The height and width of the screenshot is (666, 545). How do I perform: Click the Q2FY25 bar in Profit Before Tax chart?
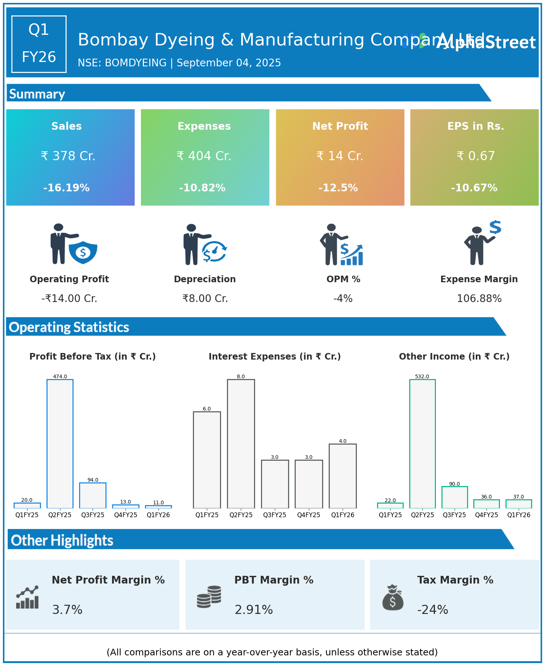60,444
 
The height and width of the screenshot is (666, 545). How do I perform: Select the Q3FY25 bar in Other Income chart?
454,497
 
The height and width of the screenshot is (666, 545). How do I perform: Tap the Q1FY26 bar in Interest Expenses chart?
343,476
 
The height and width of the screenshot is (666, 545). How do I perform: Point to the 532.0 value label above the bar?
422,376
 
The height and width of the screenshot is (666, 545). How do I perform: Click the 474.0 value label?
60,376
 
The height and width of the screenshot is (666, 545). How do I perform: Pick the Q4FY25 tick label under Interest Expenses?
309,515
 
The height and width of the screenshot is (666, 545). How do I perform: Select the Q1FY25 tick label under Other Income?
390,515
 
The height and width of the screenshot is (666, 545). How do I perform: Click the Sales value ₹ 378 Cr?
68,156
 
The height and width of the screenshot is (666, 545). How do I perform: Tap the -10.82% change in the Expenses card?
202,188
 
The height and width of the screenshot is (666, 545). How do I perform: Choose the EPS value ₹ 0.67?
475,156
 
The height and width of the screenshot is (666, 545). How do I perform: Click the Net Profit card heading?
340,126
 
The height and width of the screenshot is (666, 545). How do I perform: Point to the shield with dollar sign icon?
83,252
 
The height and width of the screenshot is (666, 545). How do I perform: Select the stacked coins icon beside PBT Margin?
209,597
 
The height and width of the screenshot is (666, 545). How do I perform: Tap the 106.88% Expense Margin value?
479,299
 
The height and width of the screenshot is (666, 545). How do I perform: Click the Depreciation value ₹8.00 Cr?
205,299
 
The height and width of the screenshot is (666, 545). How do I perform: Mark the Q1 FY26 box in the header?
39,44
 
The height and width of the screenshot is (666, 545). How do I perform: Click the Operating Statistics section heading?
69,327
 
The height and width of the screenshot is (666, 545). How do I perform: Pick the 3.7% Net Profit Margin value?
67,610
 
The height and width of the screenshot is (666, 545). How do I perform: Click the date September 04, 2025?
229,63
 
